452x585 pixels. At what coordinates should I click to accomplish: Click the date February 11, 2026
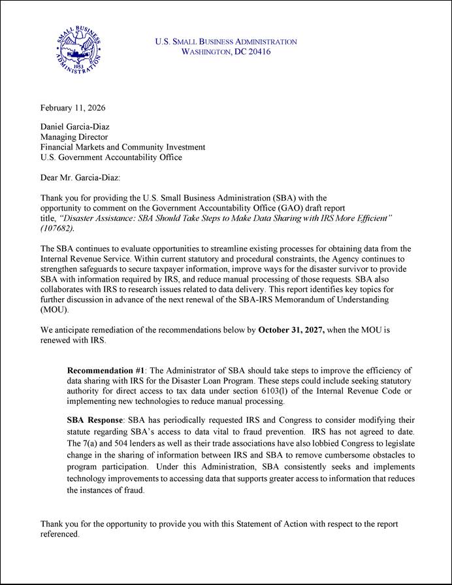(x=73, y=108)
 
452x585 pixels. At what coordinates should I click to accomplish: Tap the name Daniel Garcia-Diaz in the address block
(x=74, y=127)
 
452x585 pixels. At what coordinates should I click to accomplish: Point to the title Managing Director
(x=74, y=137)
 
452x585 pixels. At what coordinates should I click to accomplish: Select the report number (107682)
(x=57, y=229)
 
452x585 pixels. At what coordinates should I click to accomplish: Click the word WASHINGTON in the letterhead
(x=206, y=52)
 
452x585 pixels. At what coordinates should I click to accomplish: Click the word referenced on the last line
(x=59, y=534)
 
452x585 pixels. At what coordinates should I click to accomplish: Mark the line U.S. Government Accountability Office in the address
(x=111, y=158)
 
